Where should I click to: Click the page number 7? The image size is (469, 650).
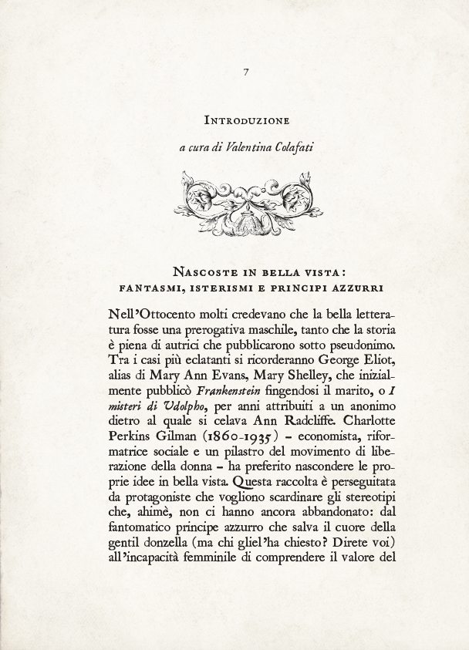(245, 73)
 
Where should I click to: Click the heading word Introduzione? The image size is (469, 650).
(246, 120)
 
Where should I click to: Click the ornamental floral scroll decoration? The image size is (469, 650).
(246, 204)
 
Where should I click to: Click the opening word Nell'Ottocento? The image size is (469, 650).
(155, 316)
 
